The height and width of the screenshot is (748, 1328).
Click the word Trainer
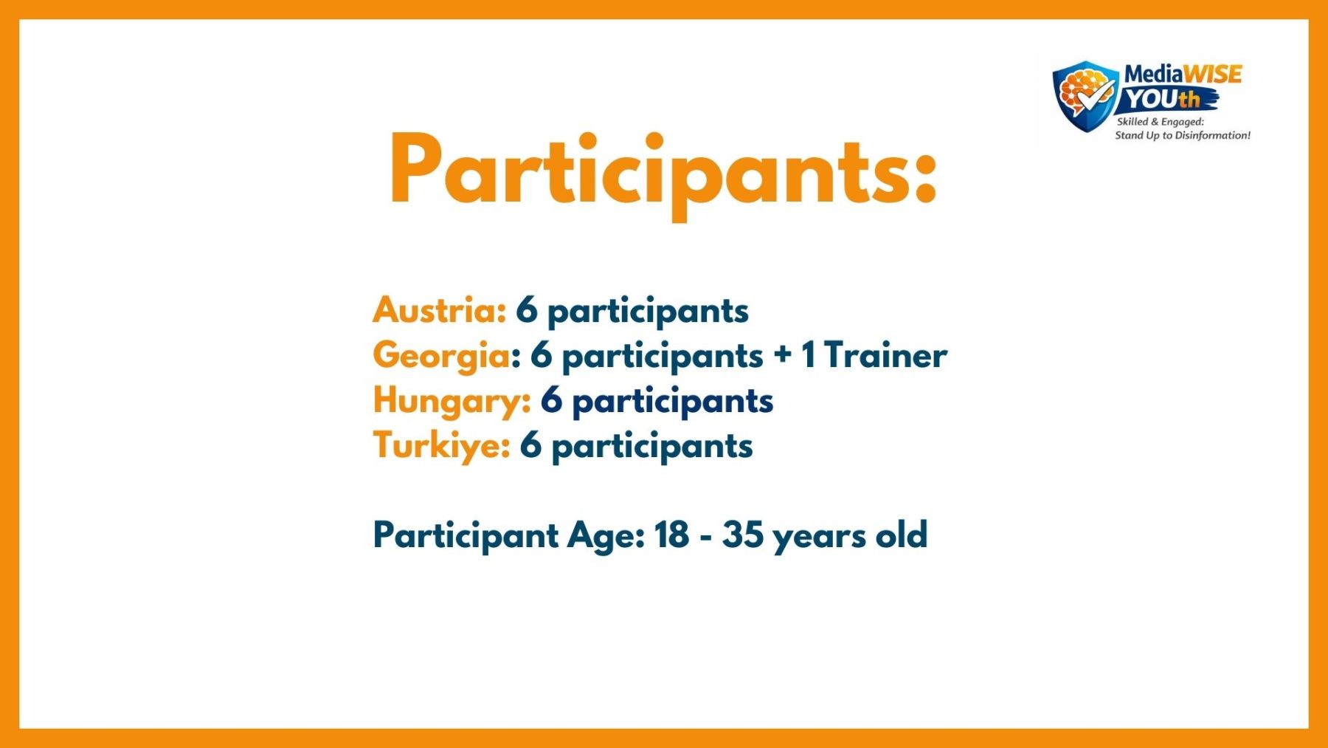885,355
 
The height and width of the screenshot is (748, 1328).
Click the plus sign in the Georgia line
783,356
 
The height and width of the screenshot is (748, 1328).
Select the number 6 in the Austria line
527,310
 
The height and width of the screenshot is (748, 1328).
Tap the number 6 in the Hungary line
551,400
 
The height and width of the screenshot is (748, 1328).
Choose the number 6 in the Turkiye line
530,445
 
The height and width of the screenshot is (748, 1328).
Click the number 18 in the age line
671,535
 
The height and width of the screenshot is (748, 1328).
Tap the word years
819,538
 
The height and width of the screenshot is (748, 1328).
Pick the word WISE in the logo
1213,74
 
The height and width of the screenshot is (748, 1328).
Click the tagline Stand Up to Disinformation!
1183,135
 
